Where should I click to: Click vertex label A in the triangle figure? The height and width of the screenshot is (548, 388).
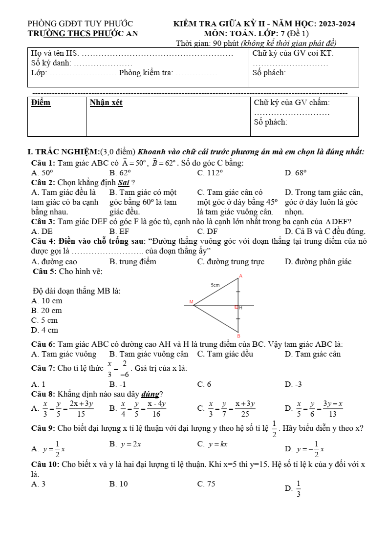[240, 276]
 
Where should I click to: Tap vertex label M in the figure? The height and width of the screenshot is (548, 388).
[191, 302]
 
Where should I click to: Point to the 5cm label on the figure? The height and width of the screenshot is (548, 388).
[215, 285]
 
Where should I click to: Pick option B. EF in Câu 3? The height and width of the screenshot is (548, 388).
[119, 232]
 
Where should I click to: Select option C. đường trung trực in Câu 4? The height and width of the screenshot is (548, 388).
[231, 262]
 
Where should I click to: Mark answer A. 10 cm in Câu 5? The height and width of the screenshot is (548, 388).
[46, 301]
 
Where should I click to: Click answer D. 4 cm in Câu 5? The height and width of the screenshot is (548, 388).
[44, 330]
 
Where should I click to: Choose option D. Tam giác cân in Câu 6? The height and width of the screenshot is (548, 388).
[312, 354]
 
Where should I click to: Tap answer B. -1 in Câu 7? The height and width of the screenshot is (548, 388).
[118, 384]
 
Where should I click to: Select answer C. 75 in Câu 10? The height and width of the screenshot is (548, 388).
[206, 484]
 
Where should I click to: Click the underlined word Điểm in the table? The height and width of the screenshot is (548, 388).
[41, 103]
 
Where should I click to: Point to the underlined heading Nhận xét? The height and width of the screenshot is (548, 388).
[106, 103]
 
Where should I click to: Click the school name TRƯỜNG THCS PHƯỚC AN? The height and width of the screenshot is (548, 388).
[83, 33]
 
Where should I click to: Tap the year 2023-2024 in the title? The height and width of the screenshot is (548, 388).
[337, 23]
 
